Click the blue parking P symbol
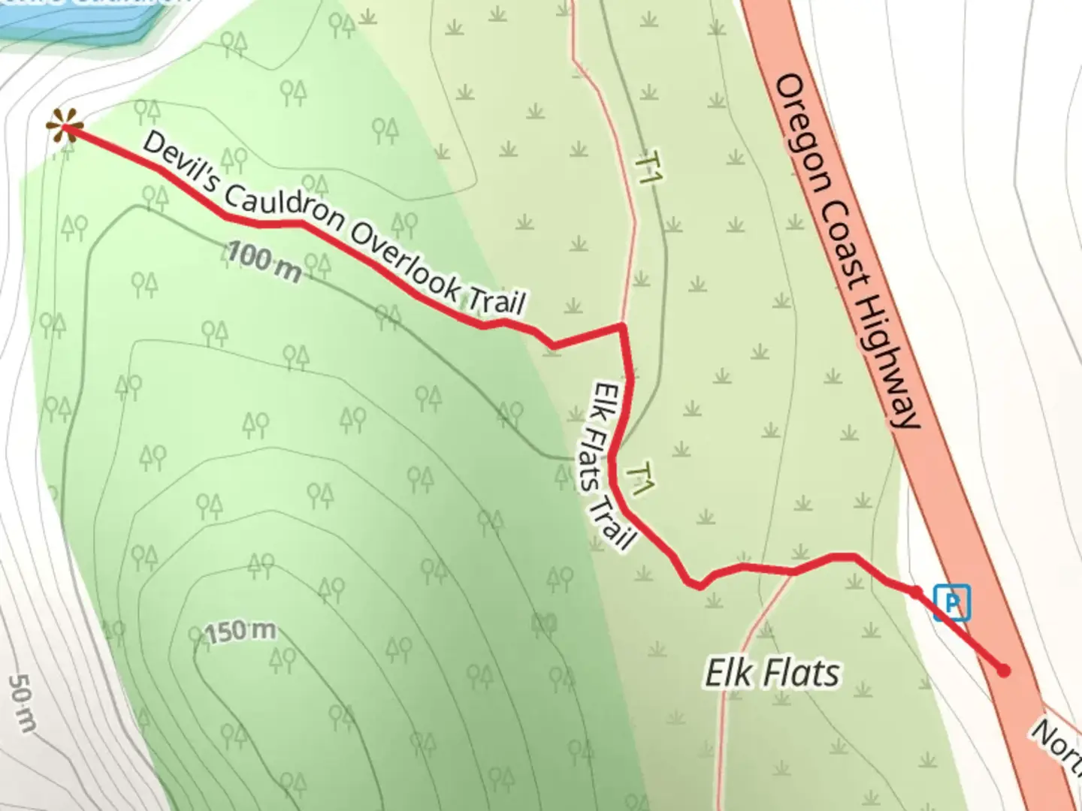tap(952, 603)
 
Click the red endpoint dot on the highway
tap(1003, 671)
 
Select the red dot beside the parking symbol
tap(916, 592)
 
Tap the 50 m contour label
tap(23, 703)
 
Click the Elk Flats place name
tap(772, 673)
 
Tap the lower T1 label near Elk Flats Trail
tap(641, 478)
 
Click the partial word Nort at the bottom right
tap(1056, 743)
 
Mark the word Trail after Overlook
tap(496, 300)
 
